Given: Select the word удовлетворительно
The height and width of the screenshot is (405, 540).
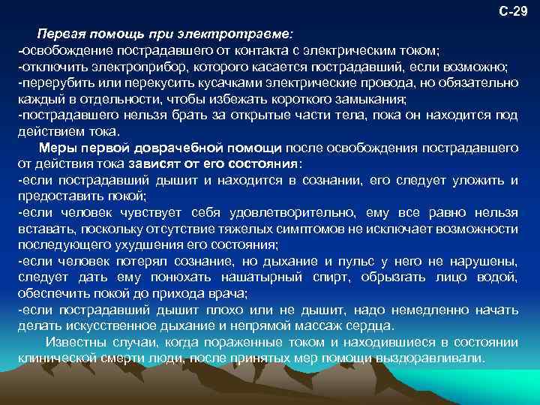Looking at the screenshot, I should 282,213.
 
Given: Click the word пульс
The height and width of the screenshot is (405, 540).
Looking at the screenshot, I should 373,261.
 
